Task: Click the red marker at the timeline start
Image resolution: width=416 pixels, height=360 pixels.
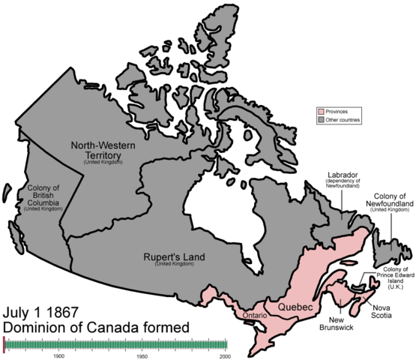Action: pyautogui.click(x=4, y=343)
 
